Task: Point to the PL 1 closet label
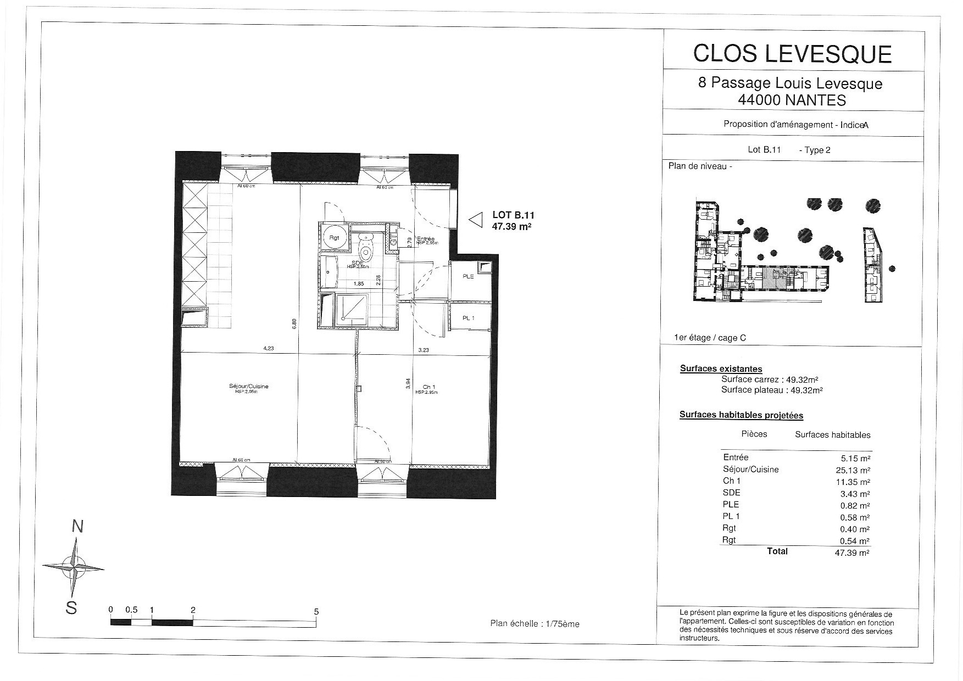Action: [x=468, y=318]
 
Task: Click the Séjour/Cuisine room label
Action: [x=249, y=387]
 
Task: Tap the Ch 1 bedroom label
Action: [x=429, y=387]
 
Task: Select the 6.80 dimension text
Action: [x=295, y=324]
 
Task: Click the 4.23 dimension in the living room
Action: [x=269, y=348]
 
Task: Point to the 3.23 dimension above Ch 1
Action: [x=423, y=350]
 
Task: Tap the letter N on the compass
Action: [x=77, y=527]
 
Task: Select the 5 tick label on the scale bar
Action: [x=316, y=611]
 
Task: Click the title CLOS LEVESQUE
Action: [x=792, y=53]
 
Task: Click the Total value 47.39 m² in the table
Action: [x=851, y=554]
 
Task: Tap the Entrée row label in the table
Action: [x=736, y=457]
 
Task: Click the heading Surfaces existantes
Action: [x=721, y=369]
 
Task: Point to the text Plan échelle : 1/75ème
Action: [x=535, y=624]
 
